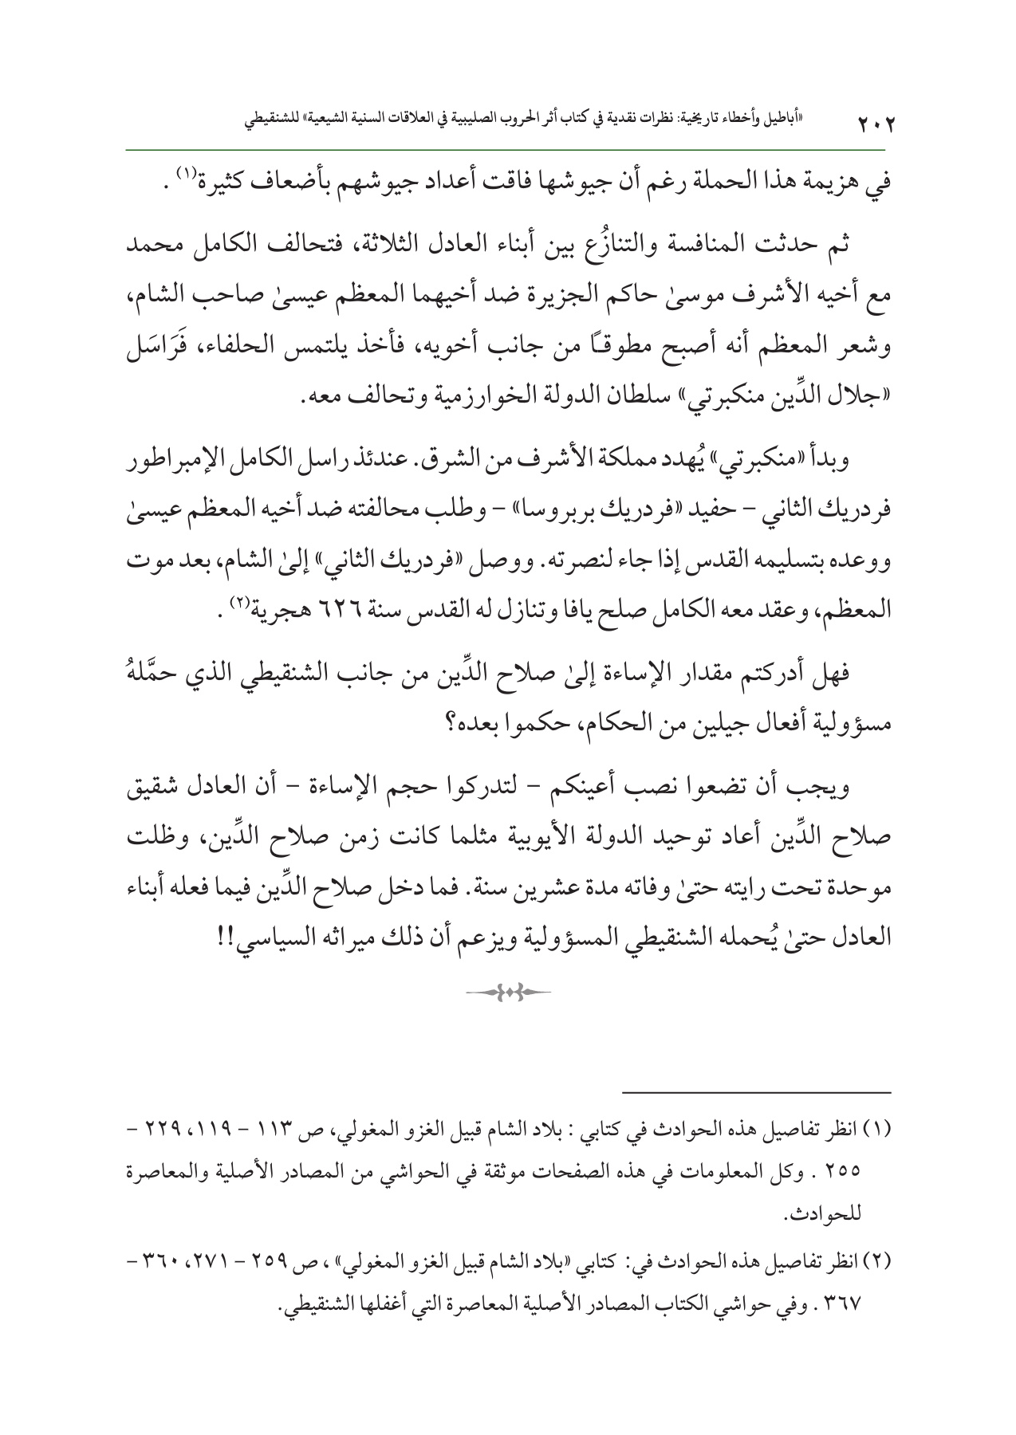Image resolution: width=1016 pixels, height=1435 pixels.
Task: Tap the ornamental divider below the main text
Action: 509,992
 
